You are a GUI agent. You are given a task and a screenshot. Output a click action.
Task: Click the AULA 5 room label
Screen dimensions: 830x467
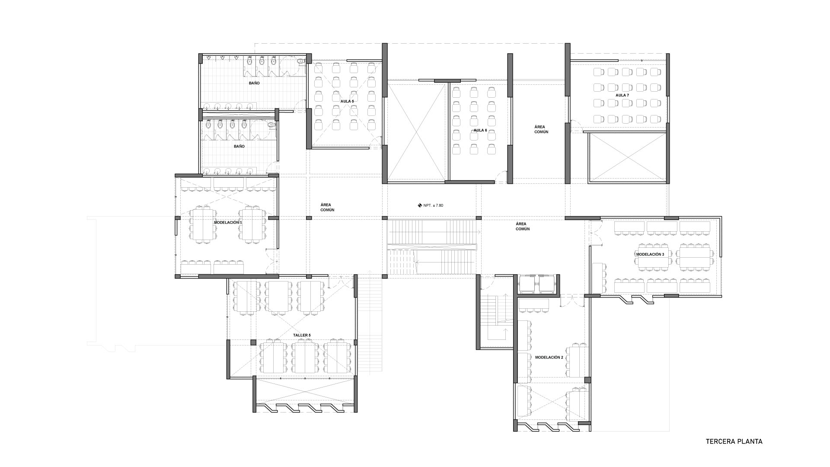coord(347,101)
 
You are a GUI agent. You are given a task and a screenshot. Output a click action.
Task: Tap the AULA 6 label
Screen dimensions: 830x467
coord(480,130)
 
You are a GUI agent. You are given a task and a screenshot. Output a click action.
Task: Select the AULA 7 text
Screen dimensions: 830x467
coord(622,95)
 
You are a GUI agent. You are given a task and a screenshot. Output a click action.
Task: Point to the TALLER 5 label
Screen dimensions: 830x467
coord(301,335)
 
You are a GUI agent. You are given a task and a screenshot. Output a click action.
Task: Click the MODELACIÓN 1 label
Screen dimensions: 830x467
coord(228,222)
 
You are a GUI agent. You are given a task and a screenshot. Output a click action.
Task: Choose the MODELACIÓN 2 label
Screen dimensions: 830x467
coord(549,358)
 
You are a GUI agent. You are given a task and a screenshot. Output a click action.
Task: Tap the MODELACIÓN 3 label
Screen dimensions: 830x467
coord(650,254)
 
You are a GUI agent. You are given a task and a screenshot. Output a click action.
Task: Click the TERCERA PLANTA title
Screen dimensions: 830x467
coord(734,442)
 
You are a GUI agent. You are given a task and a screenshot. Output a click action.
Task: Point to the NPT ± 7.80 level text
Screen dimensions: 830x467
coord(433,205)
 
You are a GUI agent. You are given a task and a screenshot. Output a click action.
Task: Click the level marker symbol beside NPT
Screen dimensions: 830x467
coord(419,205)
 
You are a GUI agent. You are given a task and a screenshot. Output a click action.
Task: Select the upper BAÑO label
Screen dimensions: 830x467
coord(254,83)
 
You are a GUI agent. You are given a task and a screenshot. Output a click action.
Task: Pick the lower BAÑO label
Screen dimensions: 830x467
coord(239,147)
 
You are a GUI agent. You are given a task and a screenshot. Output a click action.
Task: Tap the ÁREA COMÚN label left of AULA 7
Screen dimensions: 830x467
coord(541,129)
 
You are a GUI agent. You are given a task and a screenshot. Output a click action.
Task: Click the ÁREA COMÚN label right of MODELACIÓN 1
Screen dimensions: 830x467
coord(327,207)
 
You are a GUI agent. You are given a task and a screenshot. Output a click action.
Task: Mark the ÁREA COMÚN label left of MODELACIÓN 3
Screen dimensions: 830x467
coord(523,226)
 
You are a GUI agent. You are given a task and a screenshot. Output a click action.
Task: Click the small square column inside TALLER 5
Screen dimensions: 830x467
coord(253,342)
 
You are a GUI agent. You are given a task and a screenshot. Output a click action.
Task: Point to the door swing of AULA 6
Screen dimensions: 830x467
coord(501,176)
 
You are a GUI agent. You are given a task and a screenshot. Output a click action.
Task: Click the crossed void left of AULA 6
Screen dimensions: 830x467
coord(416,132)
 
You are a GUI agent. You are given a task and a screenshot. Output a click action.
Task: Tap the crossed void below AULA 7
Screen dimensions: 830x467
coord(627,158)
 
